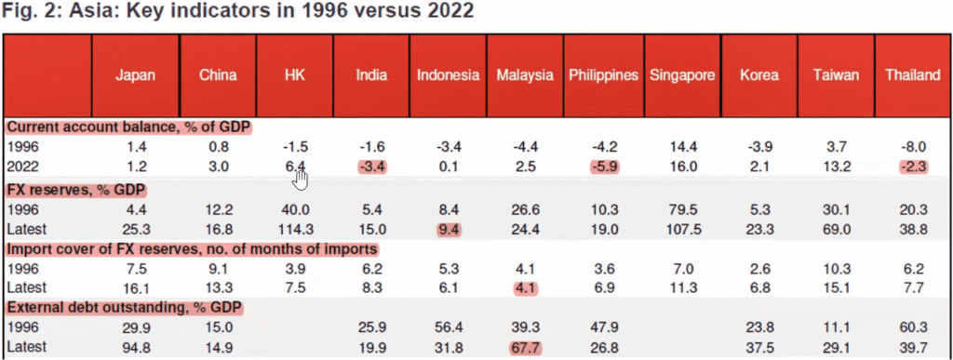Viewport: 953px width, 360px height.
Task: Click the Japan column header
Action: pyautogui.click(x=135, y=75)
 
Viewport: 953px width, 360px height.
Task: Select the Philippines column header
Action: pyautogui.click(x=603, y=75)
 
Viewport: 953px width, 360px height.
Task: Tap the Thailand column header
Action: pyautogui.click(x=912, y=75)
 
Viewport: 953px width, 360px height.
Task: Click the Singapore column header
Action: pyautogui.click(x=682, y=76)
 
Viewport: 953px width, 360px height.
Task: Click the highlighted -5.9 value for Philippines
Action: pyautogui.click(x=603, y=167)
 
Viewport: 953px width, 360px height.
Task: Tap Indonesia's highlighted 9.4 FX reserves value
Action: pyautogui.click(x=450, y=229)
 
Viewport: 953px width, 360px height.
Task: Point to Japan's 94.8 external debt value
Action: pyautogui.click(x=135, y=349)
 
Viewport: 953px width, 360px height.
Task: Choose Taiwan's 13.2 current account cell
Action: pyautogui.click(x=837, y=167)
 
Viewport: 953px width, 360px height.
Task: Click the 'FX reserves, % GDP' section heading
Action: pyautogui.click(x=76, y=190)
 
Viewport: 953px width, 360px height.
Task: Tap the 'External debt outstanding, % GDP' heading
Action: pyautogui.click(x=125, y=309)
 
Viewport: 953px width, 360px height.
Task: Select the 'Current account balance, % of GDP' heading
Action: pyautogui.click(x=128, y=127)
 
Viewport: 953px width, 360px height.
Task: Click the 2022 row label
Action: pyautogui.click(x=22, y=167)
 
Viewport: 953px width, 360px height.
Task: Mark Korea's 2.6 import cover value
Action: pyautogui.click(x=759, y=268)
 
